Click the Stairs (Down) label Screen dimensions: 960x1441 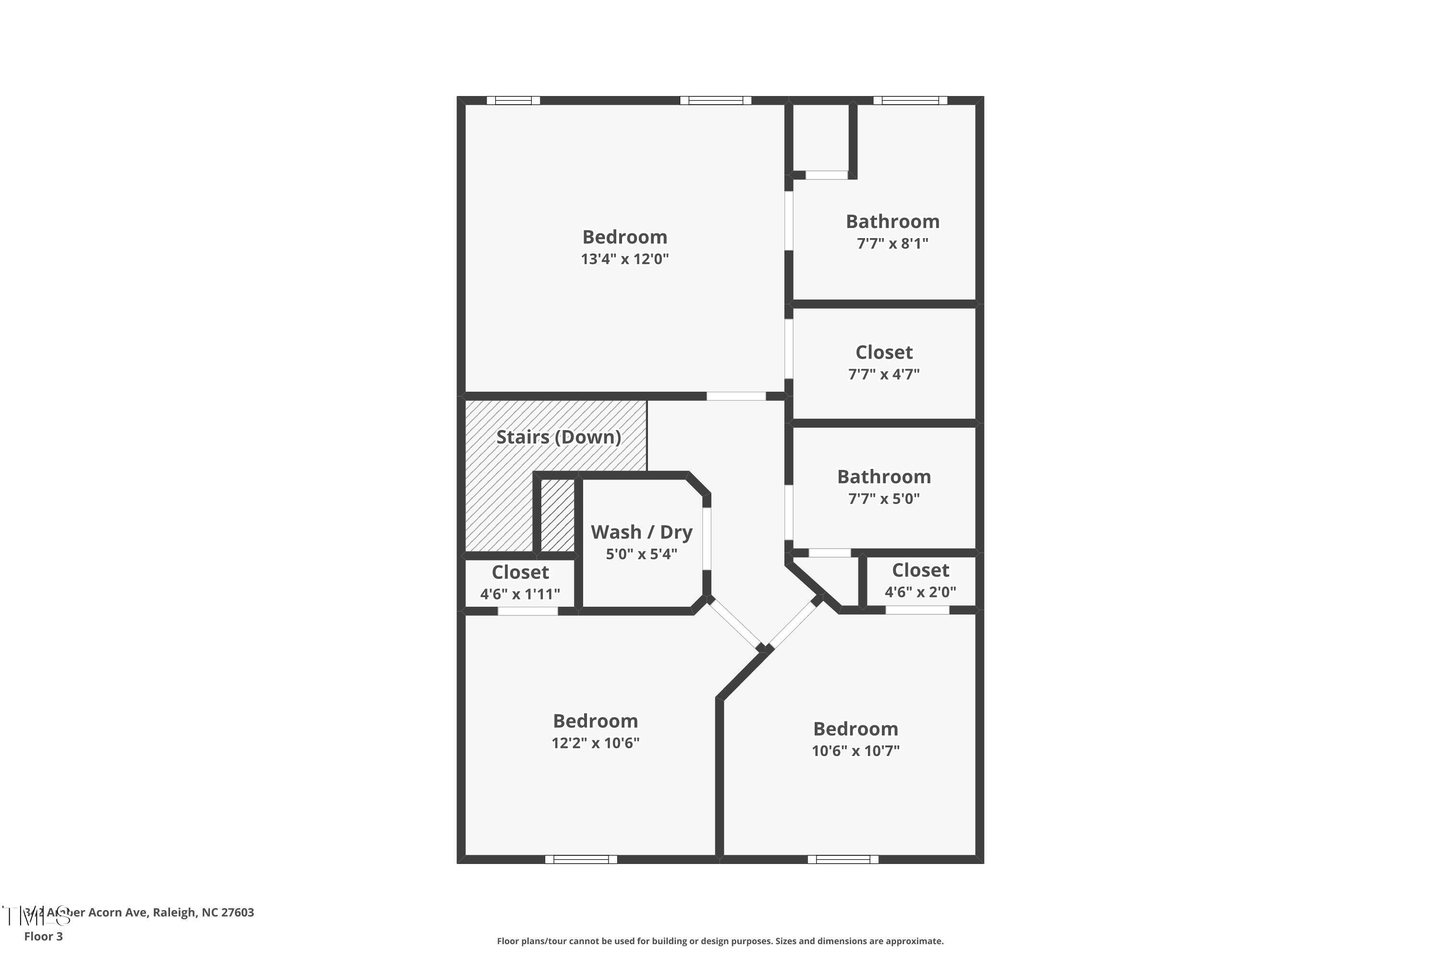558,437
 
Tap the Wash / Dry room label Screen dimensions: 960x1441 641,532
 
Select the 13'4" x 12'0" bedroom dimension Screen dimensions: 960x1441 624,259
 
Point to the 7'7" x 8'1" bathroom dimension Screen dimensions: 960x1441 892,244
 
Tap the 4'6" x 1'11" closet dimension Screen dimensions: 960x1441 520,594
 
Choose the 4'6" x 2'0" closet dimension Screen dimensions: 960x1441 920,592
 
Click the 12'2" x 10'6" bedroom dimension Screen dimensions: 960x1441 595,743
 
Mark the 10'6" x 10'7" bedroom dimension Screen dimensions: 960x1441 855,751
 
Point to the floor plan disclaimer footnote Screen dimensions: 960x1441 720,941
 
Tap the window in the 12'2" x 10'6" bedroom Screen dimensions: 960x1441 581,860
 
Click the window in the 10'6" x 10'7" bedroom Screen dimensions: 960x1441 843,860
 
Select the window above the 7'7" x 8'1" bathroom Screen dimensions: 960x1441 910,100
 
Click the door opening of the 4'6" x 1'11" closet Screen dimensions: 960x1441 527,611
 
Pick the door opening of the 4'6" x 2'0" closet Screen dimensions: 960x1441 917,610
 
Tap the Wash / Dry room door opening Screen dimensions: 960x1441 707,538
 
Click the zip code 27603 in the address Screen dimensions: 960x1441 237,912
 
